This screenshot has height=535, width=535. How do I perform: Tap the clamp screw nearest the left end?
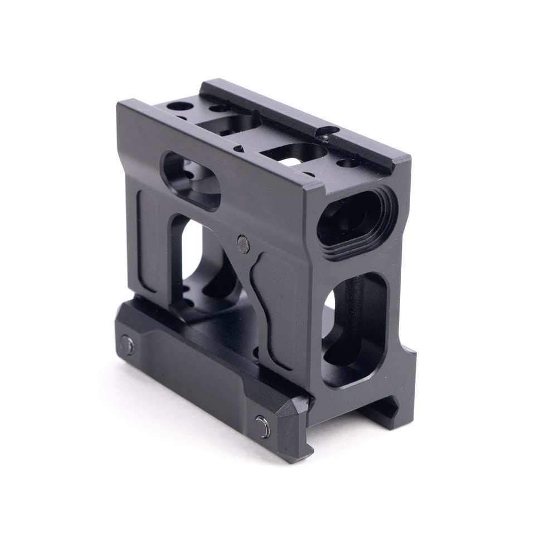[x=128, y=346]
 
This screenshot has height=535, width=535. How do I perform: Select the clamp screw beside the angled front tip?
[x=262, y=426]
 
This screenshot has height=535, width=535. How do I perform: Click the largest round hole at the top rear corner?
[x=180, y=106]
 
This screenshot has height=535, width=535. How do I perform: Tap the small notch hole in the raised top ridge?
[x=327, y=132]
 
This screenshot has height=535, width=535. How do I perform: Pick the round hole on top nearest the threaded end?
[x=348, y=163]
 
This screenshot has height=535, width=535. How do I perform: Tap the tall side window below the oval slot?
[x=192, y=262]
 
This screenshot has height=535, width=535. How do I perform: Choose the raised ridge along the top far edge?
[x=301, y=120]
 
